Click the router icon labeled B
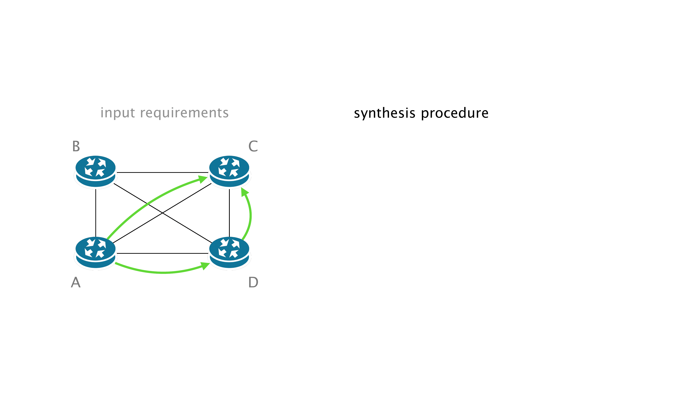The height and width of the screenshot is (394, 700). coord(95,171)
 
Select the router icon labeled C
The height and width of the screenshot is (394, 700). coord(229,171)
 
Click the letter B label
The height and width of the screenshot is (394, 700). coord(76,146)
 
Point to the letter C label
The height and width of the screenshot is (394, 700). coord(253,146)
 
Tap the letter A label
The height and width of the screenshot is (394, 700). coord(76,282)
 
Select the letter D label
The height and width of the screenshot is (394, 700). coord(253,282)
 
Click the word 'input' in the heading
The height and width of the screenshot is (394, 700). coord(118,113)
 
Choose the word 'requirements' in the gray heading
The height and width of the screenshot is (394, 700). coord(184,113)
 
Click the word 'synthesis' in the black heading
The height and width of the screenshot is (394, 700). coord(384,113)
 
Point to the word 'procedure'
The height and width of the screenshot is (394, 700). coord(455,113)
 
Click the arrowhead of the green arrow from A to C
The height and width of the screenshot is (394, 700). coord(203,179)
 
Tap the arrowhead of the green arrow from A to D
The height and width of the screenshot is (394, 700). coord(205,265)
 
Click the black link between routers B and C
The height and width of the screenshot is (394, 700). coord(162,172)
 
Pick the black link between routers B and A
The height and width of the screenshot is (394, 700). coord(96,213)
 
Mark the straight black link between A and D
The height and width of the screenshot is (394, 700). coord(162,253)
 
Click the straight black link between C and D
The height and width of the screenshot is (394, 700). coord(229,213)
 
